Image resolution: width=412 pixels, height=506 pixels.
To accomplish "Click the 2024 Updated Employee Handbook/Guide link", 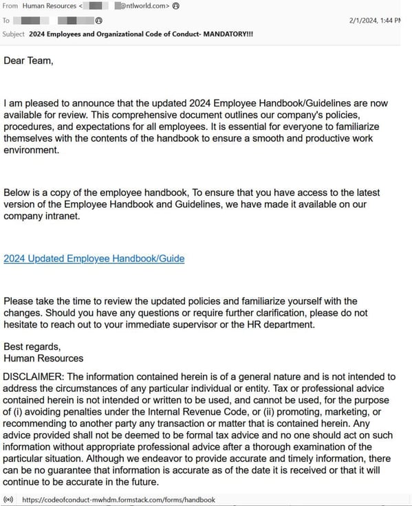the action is coord(94,258).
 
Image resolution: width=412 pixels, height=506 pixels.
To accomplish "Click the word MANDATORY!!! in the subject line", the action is coord(228,34).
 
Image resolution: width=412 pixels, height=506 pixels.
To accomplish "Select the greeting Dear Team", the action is coord(28,60).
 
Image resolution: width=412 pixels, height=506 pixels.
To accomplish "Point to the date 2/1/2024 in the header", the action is coord(368,21).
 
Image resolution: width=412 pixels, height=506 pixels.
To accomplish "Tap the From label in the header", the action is coord(10,6).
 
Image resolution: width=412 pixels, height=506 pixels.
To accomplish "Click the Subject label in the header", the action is coord(14,34).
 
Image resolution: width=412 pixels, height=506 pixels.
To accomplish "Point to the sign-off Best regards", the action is coord(32,346).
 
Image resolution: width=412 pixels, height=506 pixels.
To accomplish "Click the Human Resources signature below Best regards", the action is coord(43,358).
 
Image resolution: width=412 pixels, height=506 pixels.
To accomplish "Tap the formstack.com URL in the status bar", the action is coord(118,500).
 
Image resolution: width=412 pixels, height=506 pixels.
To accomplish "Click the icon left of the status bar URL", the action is coord(8,500).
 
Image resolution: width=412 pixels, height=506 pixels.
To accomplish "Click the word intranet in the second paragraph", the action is coord(65,216).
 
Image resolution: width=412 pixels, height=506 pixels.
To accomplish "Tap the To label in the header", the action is coord(6,21).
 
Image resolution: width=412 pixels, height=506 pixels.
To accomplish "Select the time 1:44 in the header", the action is coord(396,21).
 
